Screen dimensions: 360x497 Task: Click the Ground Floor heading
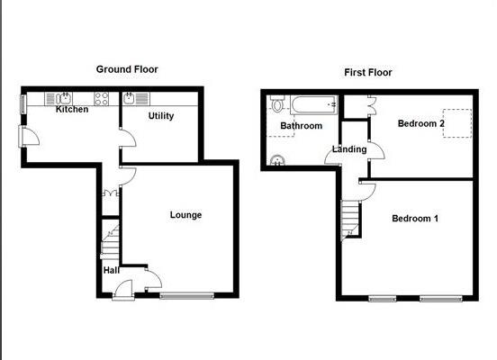point(130,68)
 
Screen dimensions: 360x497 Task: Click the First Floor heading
point(367,72)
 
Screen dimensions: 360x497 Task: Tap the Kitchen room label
point(72,110)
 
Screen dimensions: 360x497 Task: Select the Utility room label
point(161,116)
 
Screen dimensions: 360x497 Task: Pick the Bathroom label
point(301,126)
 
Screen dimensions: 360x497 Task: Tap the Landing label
point(348,148)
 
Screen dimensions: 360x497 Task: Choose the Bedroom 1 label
point(415,218)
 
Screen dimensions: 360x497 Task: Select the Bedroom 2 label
point(420,123)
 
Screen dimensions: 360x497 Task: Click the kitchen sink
point(66,98)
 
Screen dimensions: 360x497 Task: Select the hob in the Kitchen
point(103,98)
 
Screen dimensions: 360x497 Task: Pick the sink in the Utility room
point(130,98)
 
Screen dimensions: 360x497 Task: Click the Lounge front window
point(187,294)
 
